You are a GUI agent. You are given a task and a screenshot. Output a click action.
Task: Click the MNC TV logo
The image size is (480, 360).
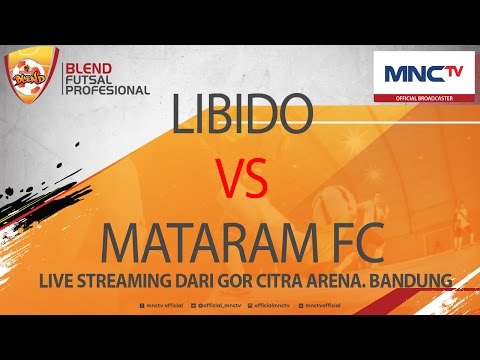(x=423, y=74)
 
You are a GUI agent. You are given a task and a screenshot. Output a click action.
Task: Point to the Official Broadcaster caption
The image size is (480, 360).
(x=423, y=98)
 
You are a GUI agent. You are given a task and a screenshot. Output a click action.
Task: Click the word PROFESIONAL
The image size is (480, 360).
(x=106, y=90)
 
